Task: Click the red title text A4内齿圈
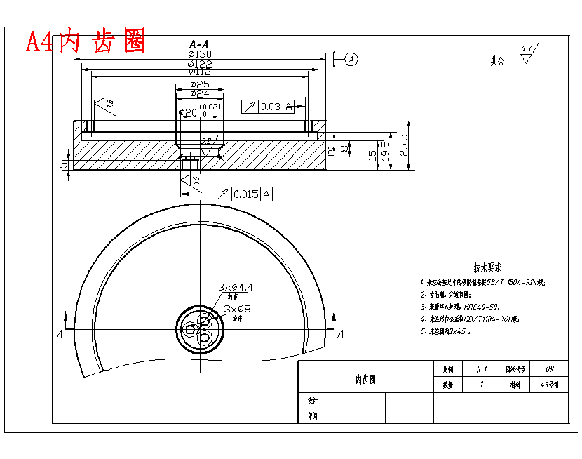(x=86, y=42)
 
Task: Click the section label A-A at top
(x=198, y=44)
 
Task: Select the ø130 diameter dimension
(x=199, y=54)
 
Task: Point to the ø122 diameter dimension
(x=200, y=64)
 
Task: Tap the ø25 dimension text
(x=199, y=84)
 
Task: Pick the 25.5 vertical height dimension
(x=403, y=145)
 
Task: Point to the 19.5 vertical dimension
(x=385, y=152)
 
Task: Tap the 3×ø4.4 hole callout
(x=236, y=287)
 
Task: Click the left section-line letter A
(x=60, y=335)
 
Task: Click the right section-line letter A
(x=340, y=335)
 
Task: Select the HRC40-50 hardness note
(x=463, y=307)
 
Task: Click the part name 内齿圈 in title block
(x=365, y=380)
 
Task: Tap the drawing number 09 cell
(x=549, y=368)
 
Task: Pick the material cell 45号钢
(x=549, y=385)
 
